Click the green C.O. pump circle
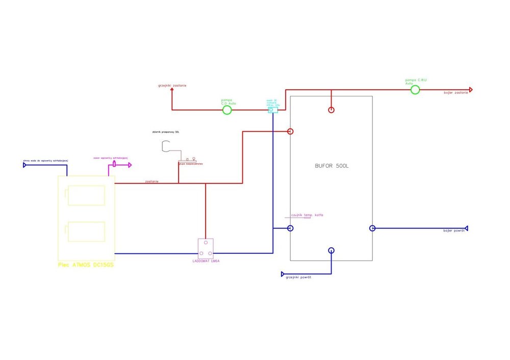(227, 109)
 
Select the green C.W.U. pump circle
(415, 90)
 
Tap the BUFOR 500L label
(331, 167)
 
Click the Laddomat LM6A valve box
(206, 248)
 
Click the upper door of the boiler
(86, 195)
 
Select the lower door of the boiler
(86, 232)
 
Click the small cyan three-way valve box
(273, 109)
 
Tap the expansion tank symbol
(166, 147)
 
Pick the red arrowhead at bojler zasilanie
(471, 90)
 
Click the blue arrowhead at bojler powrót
(466, 228)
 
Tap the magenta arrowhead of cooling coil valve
(130, 165)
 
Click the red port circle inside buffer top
(331, 110)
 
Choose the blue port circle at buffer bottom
(331, 250)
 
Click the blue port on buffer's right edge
(372, 228)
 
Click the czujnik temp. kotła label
(307, 215)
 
